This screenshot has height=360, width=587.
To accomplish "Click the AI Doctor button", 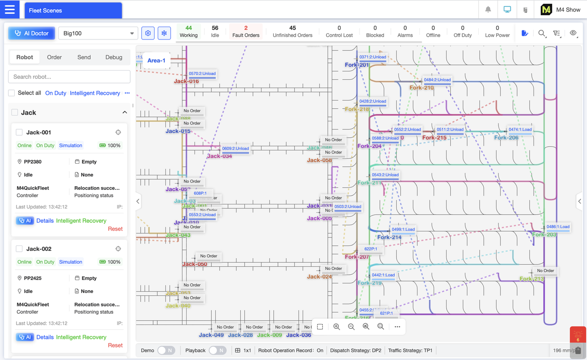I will [x=32, y=33].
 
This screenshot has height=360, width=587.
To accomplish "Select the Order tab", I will [x=54, y=57].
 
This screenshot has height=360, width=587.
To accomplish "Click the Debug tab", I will [x=114, y=57].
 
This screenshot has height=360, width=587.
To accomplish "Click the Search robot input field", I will [x=69, y=77].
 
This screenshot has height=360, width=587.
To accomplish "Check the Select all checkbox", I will [x=11, y=93].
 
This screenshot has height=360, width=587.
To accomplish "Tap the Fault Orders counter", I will [x=246, y=31].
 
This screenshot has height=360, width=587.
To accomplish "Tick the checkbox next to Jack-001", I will [x=19, y=133].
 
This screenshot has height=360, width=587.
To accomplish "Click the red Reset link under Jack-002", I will [x=115, y=345].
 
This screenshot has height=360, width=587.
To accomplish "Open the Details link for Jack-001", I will [x=45, y=221].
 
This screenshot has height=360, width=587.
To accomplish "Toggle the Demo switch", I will [x=166, y=350].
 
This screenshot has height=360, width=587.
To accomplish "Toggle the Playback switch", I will [x=217, y=350].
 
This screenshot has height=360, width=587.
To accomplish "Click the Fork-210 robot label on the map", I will [x=421, y=88].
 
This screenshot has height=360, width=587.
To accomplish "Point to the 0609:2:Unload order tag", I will [x=235, y=149].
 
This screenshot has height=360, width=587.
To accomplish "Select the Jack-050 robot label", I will [x=194, y=264].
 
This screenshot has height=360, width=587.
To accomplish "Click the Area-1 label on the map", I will [x=156, y=61].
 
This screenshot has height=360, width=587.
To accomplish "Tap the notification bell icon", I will [x=488, y=10].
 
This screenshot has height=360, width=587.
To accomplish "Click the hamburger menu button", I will [x=10, y=10].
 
